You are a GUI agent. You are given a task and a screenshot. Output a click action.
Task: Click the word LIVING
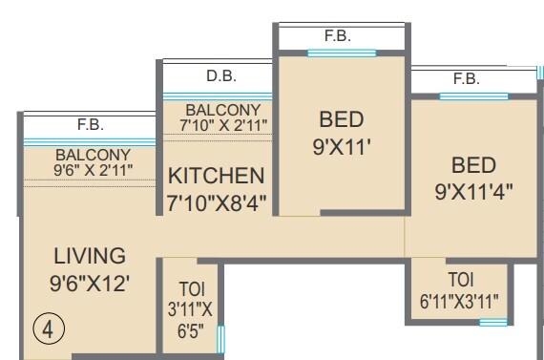pyautogui.click(x=90, y=256)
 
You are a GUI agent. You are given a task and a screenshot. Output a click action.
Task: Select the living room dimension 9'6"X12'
pyautogui.click(x=91, y=283)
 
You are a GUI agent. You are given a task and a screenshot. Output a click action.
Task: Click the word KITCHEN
pyautogui.click(x=217, y=176)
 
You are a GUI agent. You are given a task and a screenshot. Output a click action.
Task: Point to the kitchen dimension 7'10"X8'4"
pyautogui.click(x=217, y=202)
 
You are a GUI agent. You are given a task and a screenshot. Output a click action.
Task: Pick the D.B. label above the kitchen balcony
pyautogui.click(x=220, y=76)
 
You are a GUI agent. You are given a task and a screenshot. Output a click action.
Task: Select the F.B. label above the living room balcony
pyautogui.click(x=91, y=125)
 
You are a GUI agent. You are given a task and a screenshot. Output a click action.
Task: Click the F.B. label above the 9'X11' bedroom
pyautogui.click(x=337, y=36)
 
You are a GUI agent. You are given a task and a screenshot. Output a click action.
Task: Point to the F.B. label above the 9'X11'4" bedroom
pyautogui.click(x=467, y=78)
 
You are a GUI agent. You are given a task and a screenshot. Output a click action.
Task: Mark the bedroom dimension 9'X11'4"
pyautogui.click(x=474, y=189)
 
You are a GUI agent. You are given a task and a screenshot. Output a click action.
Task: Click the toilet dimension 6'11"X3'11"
pyautogui.click(x=460, y=299)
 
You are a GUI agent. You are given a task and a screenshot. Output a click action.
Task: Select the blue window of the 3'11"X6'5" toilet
pyautogui.click(x=221, y=340)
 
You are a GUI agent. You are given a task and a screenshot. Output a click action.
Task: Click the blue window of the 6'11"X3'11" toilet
pyautogui.click(x=492, y=323)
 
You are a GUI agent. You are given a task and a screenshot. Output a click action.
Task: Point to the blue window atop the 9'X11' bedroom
pyautogui.click(x=342, y=53)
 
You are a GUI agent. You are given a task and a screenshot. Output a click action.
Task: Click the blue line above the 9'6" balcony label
pyautogui.click(x=91, y=142)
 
